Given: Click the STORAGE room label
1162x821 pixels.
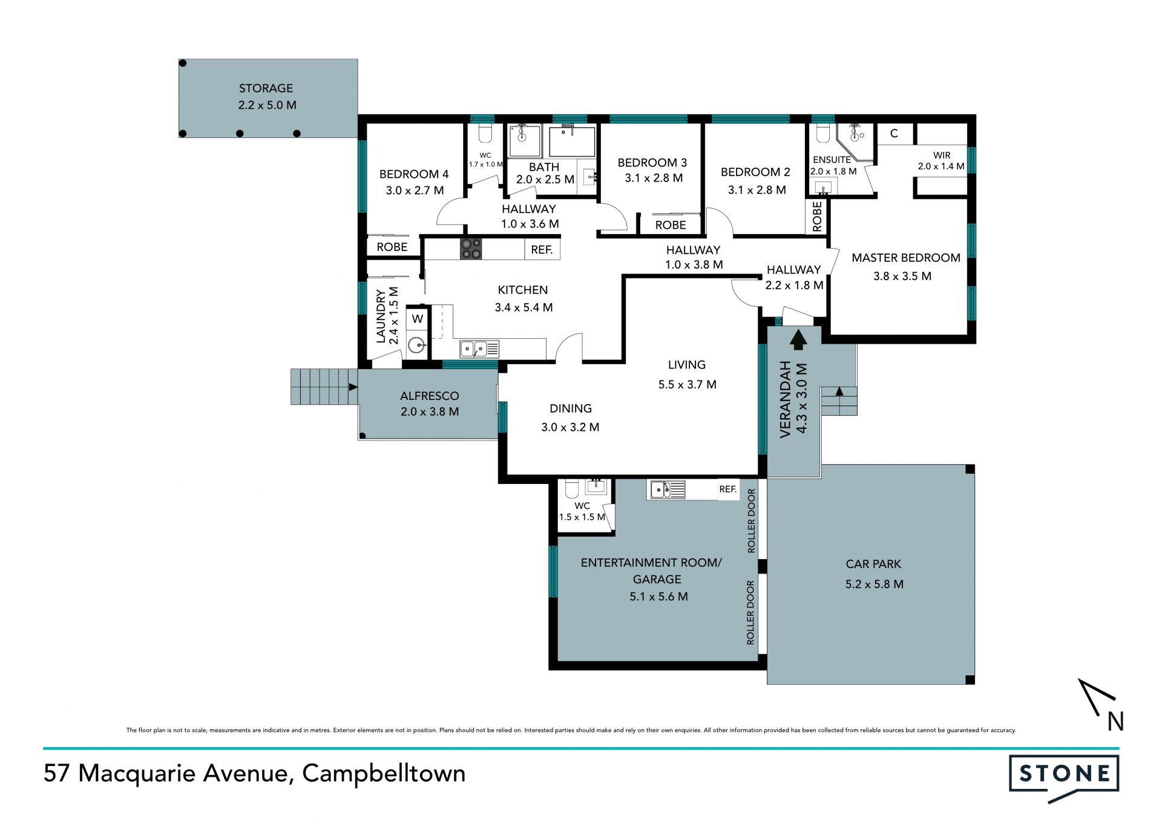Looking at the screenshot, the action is click(266, 88).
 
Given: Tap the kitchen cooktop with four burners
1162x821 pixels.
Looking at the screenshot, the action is click(471, 249).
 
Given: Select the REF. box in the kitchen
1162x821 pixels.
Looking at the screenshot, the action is click(542, 249).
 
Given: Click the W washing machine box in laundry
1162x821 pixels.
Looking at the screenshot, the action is click(418, 319).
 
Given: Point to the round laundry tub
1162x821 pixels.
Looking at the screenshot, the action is click(416, 345).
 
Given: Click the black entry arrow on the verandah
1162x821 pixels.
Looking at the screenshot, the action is click(798, 339).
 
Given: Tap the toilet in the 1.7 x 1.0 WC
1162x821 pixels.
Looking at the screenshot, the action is click(485, 132).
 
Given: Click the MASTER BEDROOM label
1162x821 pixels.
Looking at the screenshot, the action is click(906, 258).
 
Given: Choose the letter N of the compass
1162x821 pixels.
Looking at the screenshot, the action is click(1115, 721).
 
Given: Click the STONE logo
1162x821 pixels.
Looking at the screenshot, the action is click(1064, 777).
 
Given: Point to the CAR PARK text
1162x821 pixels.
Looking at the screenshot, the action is click(873, 564).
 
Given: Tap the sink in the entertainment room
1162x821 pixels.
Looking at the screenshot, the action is click(666, 489).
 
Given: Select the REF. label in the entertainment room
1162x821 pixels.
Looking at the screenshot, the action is click(728, 489).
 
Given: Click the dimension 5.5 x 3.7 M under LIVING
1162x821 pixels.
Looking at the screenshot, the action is click(687, 384).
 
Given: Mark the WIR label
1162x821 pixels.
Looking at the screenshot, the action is click(942, 155).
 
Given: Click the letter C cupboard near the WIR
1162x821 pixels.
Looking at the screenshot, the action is click(894, 134).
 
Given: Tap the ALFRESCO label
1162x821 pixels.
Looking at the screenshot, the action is click(429, 396).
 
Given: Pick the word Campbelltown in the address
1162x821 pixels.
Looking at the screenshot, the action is click(384, 773).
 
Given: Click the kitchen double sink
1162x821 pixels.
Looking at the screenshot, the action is click(479, 349).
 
